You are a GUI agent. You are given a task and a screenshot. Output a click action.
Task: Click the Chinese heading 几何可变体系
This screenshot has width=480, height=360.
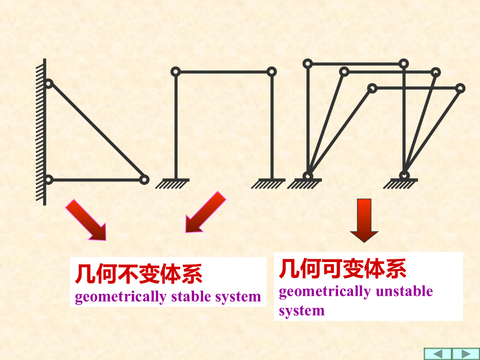coord(342,269)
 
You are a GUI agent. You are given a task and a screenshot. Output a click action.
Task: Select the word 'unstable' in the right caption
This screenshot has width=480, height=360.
coord(404,292)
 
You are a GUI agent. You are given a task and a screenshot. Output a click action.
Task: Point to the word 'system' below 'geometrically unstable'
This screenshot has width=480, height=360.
coord(301,310)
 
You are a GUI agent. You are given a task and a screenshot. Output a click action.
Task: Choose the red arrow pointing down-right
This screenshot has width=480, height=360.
coord(86,219)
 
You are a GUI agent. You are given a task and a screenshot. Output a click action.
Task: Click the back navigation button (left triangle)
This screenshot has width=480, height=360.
coord(438,354)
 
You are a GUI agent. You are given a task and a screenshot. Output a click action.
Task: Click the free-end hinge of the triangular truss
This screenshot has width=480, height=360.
coord(144,179)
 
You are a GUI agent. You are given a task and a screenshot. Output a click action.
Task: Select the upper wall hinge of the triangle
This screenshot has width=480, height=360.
coord(49,84)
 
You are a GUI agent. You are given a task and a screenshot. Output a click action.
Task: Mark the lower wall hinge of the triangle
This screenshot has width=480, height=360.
coord(49,179)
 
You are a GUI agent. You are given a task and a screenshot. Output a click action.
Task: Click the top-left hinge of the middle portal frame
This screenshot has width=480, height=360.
coord(175,72)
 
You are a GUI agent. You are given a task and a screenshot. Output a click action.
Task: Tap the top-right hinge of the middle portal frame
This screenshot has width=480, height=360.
coord(271,72)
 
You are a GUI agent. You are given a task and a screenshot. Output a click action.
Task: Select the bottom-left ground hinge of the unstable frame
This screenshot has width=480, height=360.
coord(307,176)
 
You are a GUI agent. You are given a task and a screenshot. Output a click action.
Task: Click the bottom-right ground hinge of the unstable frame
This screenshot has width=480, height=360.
coord(404,175)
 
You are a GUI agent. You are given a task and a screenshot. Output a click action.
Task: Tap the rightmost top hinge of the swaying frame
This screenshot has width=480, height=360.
coord(460,88)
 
